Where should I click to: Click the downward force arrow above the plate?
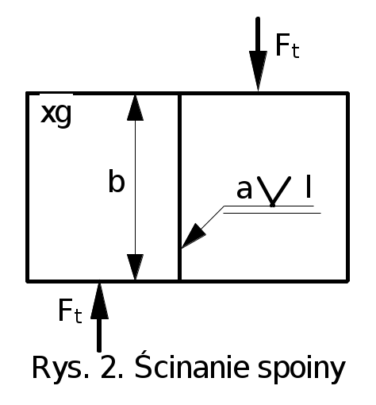258,54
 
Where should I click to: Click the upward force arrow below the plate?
99,316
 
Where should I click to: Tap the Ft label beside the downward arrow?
287,45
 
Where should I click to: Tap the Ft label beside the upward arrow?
70,311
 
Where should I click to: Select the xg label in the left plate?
56,114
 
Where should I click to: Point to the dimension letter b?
117,181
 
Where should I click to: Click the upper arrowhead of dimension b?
135,108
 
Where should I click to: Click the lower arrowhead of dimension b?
135,267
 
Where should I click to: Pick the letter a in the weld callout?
244,189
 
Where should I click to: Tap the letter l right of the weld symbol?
308,186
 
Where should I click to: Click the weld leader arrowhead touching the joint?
194,236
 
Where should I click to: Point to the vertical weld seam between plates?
179,187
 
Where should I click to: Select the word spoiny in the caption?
301,369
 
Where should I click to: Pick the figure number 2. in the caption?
112,368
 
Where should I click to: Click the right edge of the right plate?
347,187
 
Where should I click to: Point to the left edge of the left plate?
27,187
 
